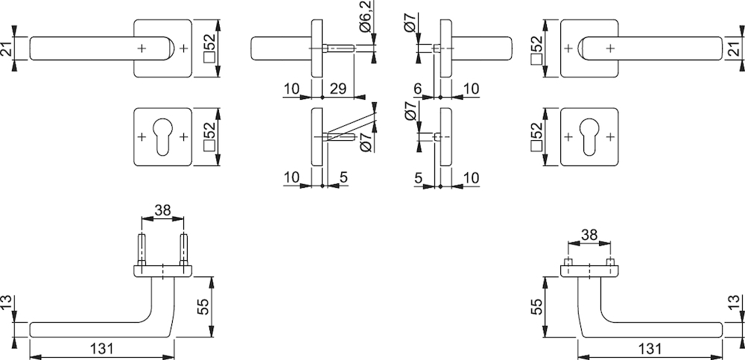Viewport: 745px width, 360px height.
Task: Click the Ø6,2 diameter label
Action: click(x=365, y=17)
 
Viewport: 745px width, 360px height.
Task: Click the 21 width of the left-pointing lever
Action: click(x=6, y=48)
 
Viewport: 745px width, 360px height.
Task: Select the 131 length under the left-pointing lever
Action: click(x=101, y=349)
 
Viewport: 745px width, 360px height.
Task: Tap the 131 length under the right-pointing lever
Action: click(x=650, y=349)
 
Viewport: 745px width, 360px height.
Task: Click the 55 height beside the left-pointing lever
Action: click(x=203, y=307)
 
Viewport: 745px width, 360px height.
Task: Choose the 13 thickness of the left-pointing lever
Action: click(x=6, y=303)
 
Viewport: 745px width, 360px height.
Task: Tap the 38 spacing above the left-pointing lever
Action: click(x=162, y=210)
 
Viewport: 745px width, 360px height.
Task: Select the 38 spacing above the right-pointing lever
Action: click(x=589, y=235)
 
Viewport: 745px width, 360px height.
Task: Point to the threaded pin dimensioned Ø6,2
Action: click(x=339, y=48)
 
